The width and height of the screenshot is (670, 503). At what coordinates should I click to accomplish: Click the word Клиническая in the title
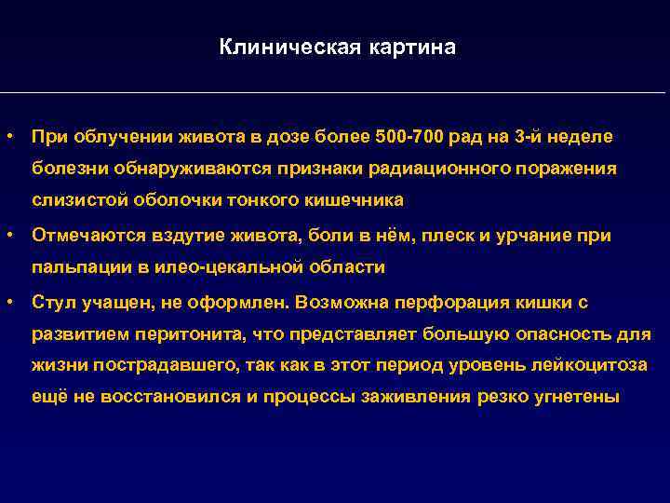tap(275, 47)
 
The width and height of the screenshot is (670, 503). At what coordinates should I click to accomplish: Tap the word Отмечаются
tap(80, 237)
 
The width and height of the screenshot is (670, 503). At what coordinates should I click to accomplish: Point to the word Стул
tap(52, 304)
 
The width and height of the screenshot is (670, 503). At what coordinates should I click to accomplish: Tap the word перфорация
tap(444, 304)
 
